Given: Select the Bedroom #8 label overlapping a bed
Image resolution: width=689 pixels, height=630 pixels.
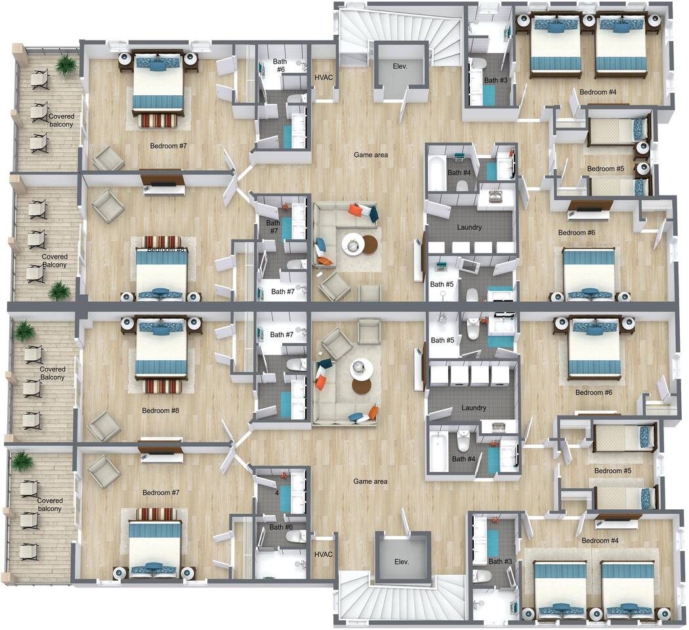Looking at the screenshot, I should [x=166, y=249].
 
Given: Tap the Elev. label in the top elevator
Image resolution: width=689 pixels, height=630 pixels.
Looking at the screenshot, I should [x=400, y=66].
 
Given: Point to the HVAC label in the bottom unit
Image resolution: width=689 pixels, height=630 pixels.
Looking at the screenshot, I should [x=324, y=555].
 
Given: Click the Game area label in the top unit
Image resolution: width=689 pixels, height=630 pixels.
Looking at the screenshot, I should [x=371, y=155].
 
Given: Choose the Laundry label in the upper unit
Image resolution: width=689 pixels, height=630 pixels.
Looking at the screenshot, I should [x=469, y=228].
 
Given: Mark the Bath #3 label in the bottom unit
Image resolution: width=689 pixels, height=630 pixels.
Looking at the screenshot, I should [x=499, y=561].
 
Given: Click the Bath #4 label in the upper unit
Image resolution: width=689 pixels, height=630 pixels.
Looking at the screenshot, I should [x=459, y=173].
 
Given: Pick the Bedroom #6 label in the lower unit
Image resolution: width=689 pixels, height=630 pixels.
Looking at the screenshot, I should [x=594, y=392].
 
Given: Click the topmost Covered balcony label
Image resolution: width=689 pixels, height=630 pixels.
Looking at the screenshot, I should [x=61, y=120].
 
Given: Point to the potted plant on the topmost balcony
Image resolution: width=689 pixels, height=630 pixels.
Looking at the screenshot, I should [x=66, y=64].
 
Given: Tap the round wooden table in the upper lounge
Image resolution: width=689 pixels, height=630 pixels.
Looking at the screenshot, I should [x=370, y=244].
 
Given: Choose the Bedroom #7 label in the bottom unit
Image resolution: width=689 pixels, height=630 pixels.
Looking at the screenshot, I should [x=161, y=492].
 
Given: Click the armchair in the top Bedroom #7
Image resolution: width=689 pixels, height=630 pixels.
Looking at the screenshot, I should [x=108, y=158].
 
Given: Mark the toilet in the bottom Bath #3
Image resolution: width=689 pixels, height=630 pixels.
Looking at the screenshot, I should [x=482, y=577].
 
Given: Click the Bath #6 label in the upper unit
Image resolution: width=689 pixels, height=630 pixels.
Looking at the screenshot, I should [x=280, y=65].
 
